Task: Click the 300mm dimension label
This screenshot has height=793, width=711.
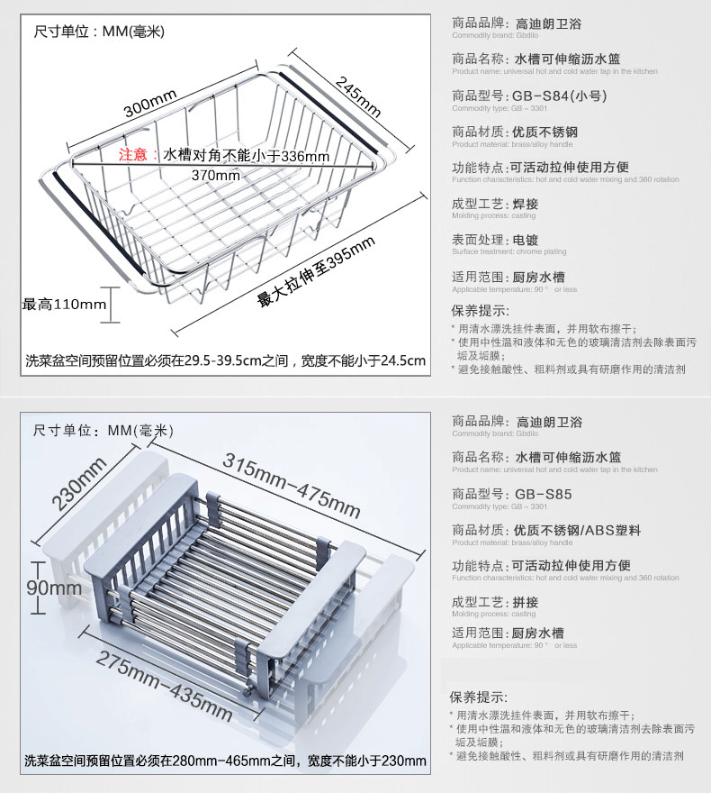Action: [x=149, y=109]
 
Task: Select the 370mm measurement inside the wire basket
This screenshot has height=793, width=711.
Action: [x=216, y=175]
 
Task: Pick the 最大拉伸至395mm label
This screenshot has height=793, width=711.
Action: [x=316, y=272]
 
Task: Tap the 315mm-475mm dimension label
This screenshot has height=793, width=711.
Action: [x=292, y=483]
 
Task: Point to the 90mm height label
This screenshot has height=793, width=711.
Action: [x=55, y=588]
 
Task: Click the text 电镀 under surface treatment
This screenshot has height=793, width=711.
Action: [x=525, y=241]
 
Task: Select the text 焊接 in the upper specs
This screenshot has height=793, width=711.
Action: [x=525, y=205]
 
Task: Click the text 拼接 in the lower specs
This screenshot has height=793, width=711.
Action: [x=525, y=602]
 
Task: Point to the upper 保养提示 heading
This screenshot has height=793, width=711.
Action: [x=478, y=310]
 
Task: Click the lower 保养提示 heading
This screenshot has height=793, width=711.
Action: [x=478, y=697]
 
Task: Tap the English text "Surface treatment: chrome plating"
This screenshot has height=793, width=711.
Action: [x=509, y=252]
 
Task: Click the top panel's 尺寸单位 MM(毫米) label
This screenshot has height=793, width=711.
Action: [x=99, y=32]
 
